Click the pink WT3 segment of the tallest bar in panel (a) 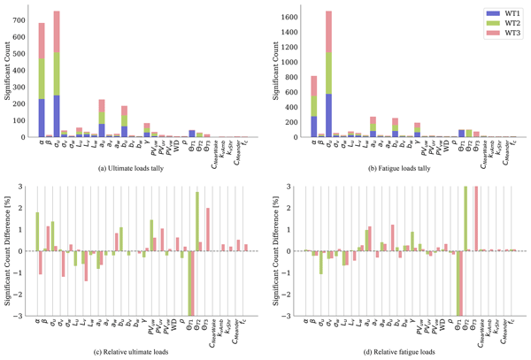[x=57, y=31]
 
